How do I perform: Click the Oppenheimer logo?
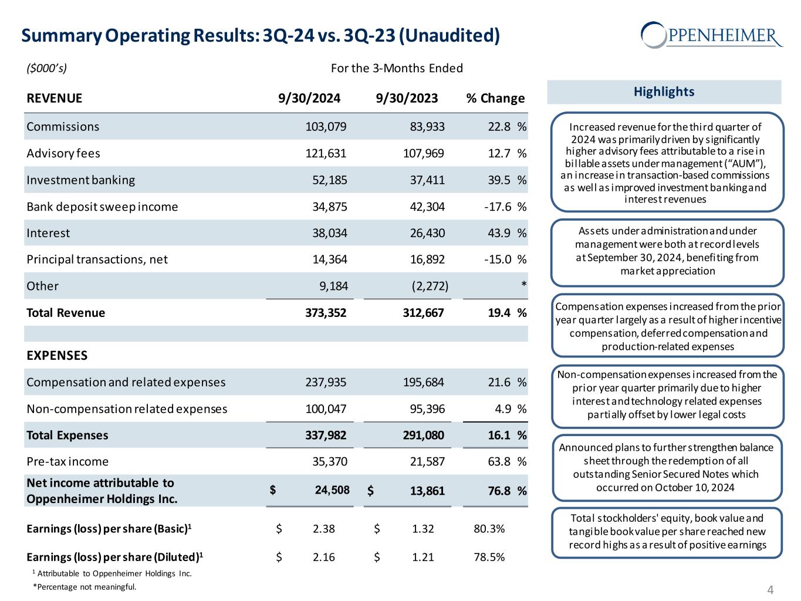(712, 35)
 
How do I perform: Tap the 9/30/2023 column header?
(407, 98)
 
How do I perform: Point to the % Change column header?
(495, 98)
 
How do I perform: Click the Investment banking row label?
(80, 180)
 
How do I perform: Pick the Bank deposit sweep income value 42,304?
(427, 207)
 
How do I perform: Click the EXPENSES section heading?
(57, 355)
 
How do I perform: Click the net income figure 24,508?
(332, 490)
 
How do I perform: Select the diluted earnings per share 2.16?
(324, 557)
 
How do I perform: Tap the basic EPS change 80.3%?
(489, 529)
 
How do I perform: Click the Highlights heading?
(664, 92)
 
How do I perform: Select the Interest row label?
(48, 234)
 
